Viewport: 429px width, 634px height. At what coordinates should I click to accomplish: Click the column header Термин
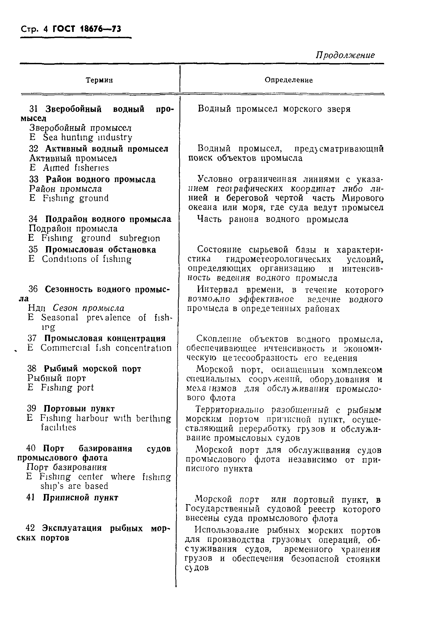click(x=99, y=80)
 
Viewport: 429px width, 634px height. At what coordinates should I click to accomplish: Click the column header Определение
click(x=288, y=80)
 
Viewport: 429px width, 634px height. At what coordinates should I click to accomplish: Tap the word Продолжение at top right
click(x=345, y=55)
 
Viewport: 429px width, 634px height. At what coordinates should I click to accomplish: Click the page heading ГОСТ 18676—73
click(x=87, y=29)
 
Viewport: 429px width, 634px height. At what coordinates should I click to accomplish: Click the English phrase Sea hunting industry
click(x=87, y=137)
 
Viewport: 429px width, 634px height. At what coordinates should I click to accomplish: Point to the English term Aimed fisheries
click(x=76, y=167)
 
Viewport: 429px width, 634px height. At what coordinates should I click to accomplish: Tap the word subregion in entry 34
click(x=139, y=238)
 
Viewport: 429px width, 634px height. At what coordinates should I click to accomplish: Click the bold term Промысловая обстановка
click(x=101, y=249)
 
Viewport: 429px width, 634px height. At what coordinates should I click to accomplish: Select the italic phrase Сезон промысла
click(x=88, y=308)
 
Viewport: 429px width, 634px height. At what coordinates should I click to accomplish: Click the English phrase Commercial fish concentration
click(x=106, y=348)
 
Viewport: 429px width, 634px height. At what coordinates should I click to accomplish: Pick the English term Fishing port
click(x=67, y=388)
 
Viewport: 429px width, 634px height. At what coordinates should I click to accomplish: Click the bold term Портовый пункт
click(x=79, y=409)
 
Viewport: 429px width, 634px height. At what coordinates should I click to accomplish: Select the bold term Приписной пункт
click(x=81, y=498)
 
